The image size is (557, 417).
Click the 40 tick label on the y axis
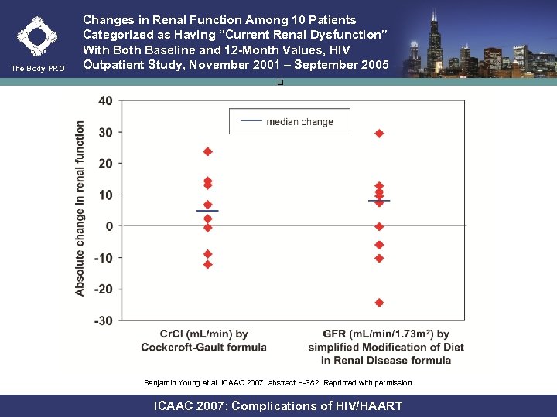[x=104, y=101]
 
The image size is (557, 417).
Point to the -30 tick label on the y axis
[x=103, y=320]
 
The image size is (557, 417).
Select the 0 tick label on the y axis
[x=109, y=226]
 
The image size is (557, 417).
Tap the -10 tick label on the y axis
[x=103, y=258]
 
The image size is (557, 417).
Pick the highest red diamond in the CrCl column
[x=207, y=151]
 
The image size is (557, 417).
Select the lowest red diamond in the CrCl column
[x=207, y=264]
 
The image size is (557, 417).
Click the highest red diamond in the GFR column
[x=379, y=134]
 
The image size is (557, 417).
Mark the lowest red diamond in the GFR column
[x=379, y=303]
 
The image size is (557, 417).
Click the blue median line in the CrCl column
[x=207, y=211]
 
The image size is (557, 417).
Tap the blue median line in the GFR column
[x=379, y=201]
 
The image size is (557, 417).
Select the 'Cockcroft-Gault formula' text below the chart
[x=203, y=347]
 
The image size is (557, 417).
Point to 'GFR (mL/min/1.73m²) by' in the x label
[x=385, y=334]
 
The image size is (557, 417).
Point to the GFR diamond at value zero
[x=379, y=226]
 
